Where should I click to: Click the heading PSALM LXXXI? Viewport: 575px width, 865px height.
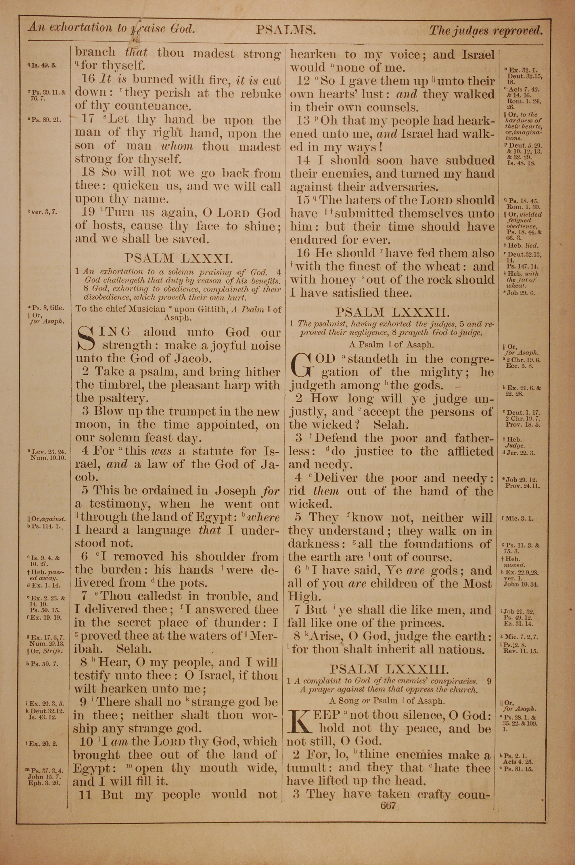click(178, 258)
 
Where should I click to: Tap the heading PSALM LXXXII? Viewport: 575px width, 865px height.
click(392, 312)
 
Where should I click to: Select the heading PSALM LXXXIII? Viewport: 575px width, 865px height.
click(389, 669)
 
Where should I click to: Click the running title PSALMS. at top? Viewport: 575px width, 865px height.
click(285, 29)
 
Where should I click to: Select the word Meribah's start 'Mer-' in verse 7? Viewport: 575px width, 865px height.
click(263, 636)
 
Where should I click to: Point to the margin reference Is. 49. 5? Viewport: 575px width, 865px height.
click(42, 66)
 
